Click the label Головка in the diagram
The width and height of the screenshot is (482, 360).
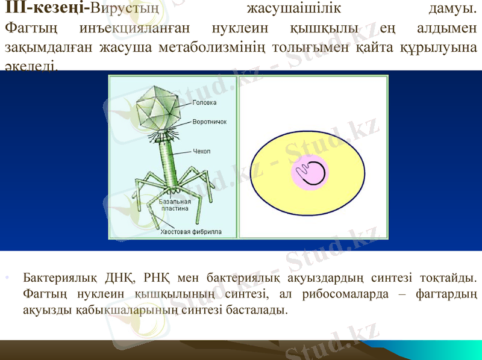coord(204,102)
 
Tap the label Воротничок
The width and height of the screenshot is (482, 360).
coord(209,121)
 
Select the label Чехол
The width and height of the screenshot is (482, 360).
coord(201,151)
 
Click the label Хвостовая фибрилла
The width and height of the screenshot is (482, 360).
coord(190,231)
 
